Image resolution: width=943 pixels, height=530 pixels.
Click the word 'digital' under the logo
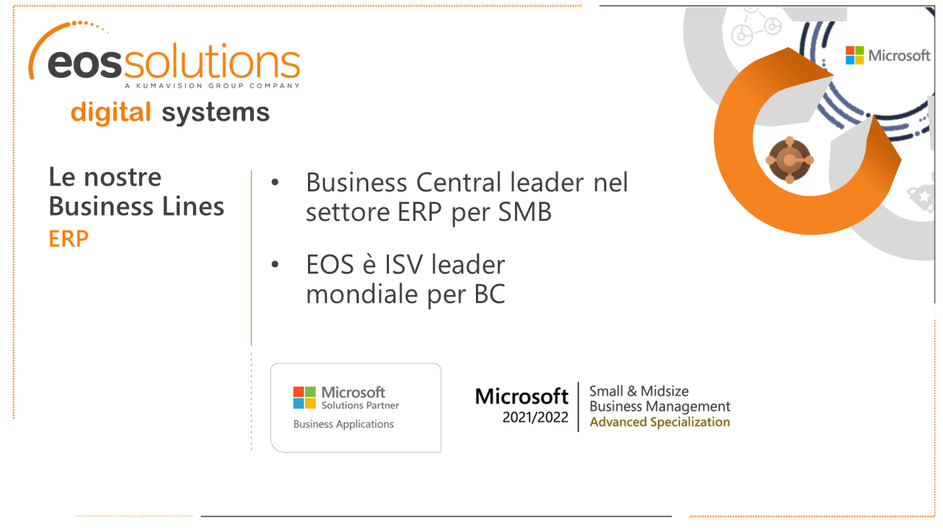[111, 113]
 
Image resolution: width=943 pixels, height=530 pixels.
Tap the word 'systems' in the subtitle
[215, 113]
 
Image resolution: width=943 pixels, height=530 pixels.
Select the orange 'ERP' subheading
[69, 239]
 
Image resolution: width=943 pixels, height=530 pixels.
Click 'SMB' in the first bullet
[525, 213]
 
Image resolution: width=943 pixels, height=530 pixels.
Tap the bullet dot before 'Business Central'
[275, 182]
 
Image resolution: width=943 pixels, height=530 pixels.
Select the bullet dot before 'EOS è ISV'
[275, 264]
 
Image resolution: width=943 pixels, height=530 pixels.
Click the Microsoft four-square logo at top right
[855, 55]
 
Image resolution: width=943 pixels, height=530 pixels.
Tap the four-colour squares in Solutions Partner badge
[304, 397]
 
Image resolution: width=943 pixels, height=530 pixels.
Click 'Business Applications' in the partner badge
[343, 424]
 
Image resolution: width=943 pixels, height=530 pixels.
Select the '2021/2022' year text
[536, 417]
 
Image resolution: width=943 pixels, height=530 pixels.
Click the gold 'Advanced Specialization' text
[659, 422]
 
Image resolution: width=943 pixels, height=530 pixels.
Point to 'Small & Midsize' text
[639, 391]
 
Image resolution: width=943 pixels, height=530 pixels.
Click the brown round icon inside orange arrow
[789, 159]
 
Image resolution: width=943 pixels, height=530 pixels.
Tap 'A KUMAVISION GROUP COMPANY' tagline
[211, 86]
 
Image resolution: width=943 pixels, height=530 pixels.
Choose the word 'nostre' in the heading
[122, 177]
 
